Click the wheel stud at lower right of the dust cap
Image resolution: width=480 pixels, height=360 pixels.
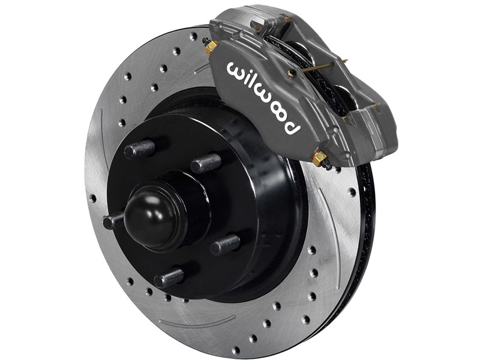click(224, 244)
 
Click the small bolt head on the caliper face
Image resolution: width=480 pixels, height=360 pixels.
click(292, 73)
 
